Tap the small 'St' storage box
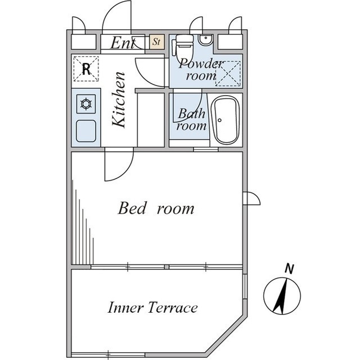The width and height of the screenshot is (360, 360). [156, 42]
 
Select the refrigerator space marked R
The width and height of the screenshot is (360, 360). [86, 69]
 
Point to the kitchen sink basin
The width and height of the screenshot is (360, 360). [86, 131]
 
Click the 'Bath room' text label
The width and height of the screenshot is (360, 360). [191, 120]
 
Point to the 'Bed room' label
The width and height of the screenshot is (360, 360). [155, 209]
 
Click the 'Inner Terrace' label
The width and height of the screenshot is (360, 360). [152, 308]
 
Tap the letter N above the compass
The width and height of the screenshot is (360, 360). [289, 269]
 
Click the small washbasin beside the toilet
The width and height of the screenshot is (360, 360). [206, 41]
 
